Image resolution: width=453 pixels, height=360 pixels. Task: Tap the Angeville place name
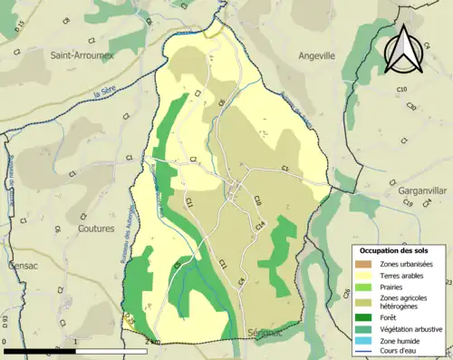point(317,55)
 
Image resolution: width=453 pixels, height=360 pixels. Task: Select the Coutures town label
point(96,229)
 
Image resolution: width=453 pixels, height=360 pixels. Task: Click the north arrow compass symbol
point(405,47)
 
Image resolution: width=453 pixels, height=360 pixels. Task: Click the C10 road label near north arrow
point(401,89)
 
